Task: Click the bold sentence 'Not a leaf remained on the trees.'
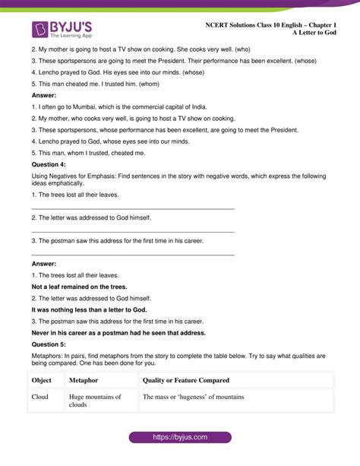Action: pos(79,287)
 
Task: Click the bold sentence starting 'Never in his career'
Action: pos(118,332)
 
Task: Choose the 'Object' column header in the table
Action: pos(43,381)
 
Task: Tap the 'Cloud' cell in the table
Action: pos(40,397)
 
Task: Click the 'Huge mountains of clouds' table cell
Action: pos(94,401)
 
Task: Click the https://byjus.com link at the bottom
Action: pos(179,438)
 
